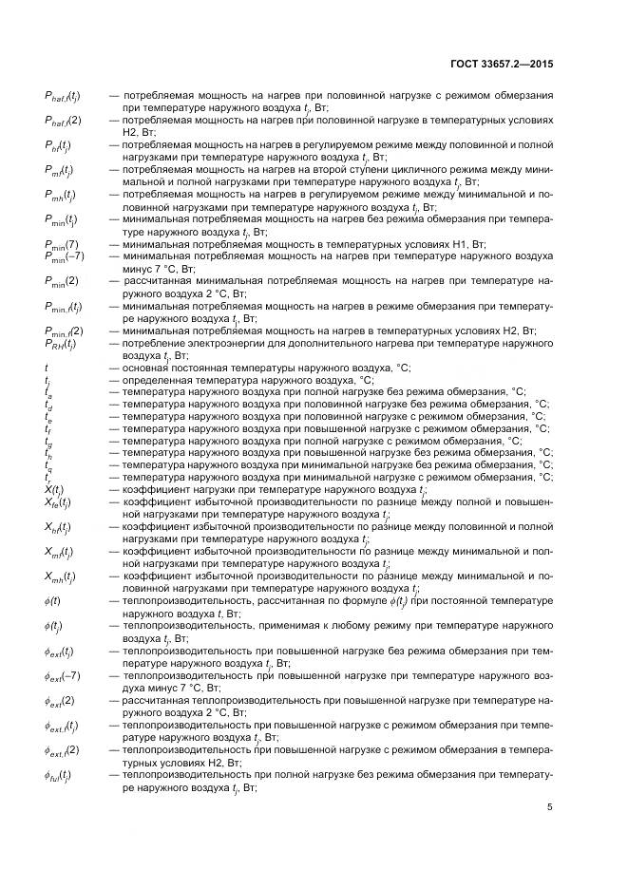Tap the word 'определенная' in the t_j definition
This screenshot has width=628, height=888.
[x=156, y=379]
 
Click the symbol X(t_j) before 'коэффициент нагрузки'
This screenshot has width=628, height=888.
[x=54, y=490]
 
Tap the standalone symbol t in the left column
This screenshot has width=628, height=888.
[x=47, y=367]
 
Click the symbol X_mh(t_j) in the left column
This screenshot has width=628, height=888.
[x=62, y=576]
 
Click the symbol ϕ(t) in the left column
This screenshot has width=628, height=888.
[x=54, y=601]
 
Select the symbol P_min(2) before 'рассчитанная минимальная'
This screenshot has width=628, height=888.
[x=61, y=281]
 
